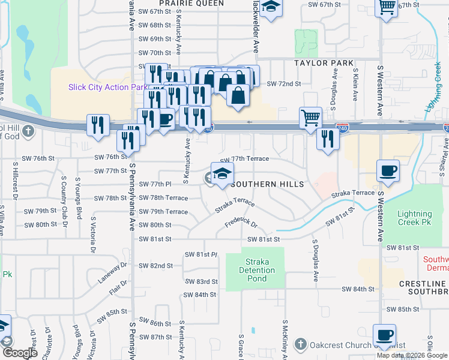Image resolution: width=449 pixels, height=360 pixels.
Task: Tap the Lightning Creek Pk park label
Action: point(414,218)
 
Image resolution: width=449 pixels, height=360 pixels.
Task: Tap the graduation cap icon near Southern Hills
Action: point(222,173)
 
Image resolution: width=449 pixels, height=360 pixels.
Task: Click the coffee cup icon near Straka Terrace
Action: point(388,170)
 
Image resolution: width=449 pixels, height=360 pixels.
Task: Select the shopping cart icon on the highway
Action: point(310,118)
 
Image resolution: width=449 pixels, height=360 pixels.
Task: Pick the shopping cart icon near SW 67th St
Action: point(387,7)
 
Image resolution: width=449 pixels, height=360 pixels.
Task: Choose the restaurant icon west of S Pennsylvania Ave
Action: point(97,125)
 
